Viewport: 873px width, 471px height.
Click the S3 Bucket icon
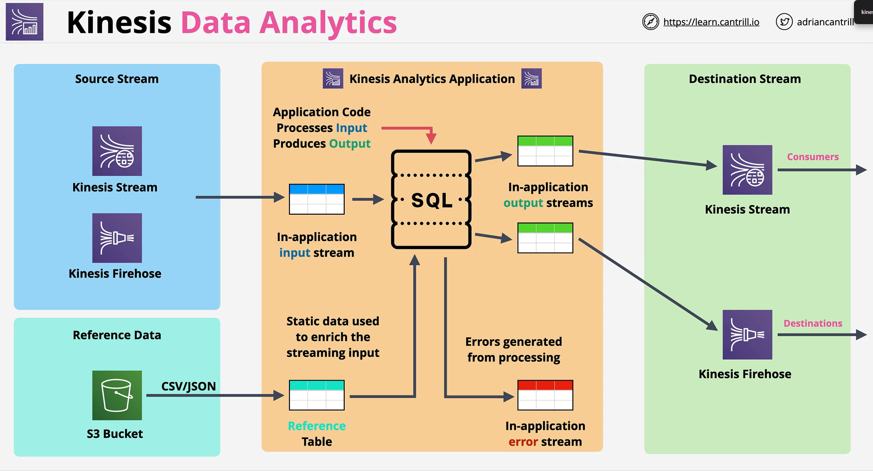click(x=117, y=395)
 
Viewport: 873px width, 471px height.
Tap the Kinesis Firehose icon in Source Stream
click(x=117, y=238)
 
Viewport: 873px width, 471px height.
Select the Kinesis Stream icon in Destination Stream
click(x=747, y=170)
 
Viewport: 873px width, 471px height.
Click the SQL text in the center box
click(x=432, y=200)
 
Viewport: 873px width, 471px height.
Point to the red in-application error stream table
click(x=545, y=395)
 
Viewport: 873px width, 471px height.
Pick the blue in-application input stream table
click(x=317, y=199)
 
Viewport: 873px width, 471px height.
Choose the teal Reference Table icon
click(x=317, y=395)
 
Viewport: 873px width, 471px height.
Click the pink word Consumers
click(x=813, y=157)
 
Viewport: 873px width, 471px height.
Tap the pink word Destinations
click(x=813, y=323)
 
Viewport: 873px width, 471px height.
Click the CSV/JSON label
click(x=188, y=386)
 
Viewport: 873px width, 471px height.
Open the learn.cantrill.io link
click(x=711, y=22)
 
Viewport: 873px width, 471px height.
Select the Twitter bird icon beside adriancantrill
click(x=784, y=22)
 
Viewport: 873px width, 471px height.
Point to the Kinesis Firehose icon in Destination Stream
click(x=747, y=335)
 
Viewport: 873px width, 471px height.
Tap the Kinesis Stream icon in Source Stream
click(x=117, y=151)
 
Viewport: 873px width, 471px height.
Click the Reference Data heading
click(x=117, y=335)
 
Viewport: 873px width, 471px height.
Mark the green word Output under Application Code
click(x=350, y=144)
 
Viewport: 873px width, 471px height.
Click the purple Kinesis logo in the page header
click(x=25, y=22)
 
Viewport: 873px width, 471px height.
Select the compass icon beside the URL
click(x=650, y=22)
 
